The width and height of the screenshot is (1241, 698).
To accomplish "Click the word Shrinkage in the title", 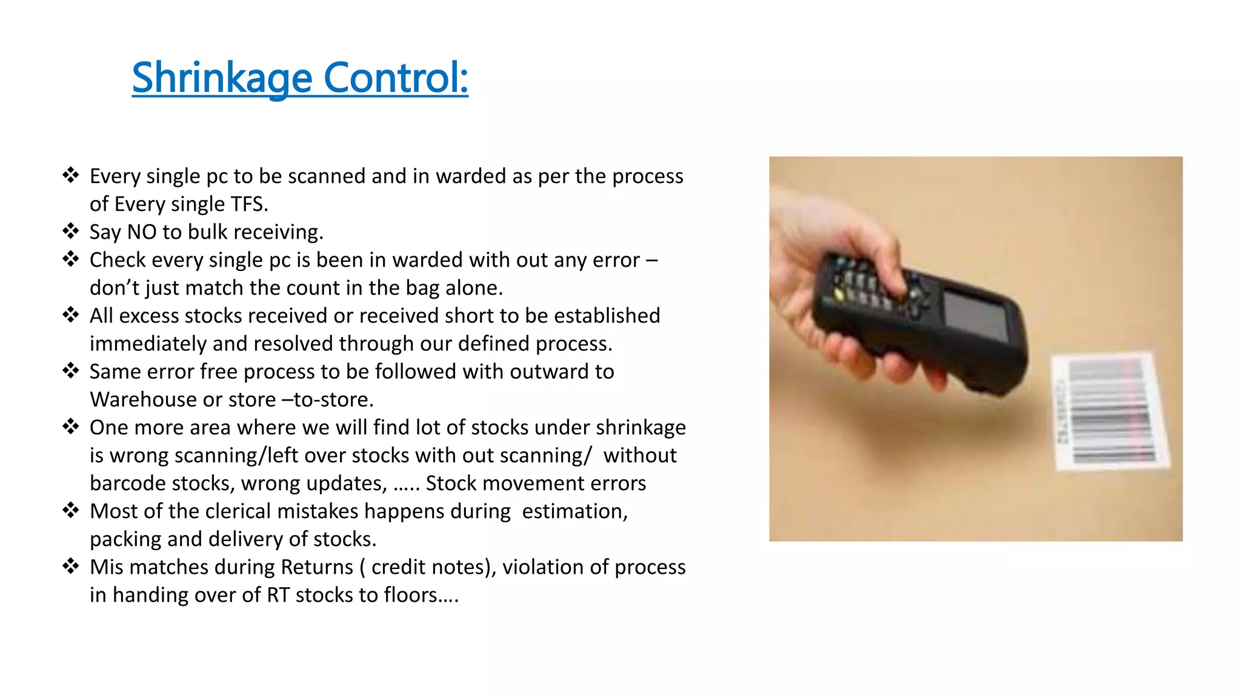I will point(222,78).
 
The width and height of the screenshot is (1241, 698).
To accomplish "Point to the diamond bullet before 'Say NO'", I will point(71,231).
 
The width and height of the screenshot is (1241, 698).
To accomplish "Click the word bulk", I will point(208,232).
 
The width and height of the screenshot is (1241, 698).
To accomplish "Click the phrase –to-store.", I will point(333,400).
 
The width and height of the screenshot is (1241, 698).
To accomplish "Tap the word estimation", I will point(574,511).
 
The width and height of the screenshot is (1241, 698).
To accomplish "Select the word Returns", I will point(317,567).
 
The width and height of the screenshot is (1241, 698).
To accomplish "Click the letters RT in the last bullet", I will point(278,595).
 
